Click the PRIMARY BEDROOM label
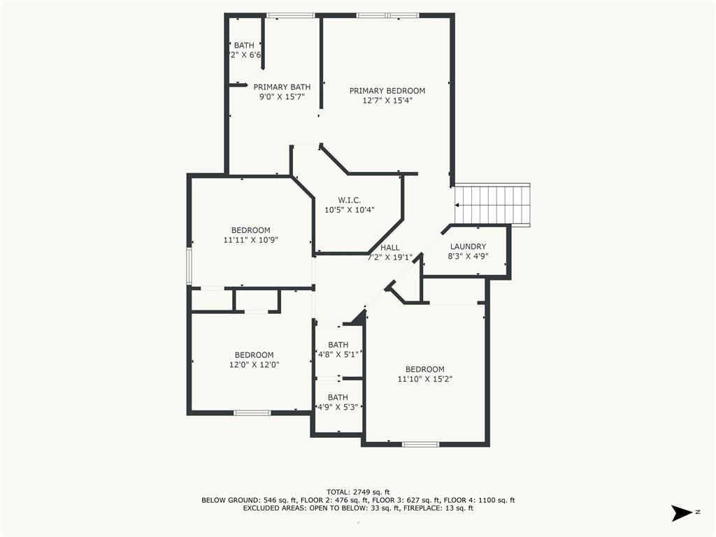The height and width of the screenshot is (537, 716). click(387, 91)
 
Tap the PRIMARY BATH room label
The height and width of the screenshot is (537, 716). click(282, 87)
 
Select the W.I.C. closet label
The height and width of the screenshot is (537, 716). click(350, 200)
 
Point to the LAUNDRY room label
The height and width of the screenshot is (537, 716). click(468, 247)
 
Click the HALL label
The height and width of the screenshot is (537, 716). click(390, 248)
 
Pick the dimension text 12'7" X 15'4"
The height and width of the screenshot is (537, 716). click(387, 101)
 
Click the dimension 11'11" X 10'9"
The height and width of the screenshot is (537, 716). click(251, 240)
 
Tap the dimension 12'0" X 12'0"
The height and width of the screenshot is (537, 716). click(255, 364)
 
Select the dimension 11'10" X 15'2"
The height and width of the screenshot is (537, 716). click(425, 379)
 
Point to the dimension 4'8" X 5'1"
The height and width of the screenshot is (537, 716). click(338, 355)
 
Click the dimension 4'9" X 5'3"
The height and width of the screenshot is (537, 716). click(338, 407)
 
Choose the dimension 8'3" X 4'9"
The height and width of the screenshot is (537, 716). click(468, 256)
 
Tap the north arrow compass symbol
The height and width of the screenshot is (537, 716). click(682, 513)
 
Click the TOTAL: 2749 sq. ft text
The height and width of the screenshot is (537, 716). click(358, 492)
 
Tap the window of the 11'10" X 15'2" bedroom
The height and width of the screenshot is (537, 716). click(420, 444)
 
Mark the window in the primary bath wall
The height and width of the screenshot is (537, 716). click(290, 15)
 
